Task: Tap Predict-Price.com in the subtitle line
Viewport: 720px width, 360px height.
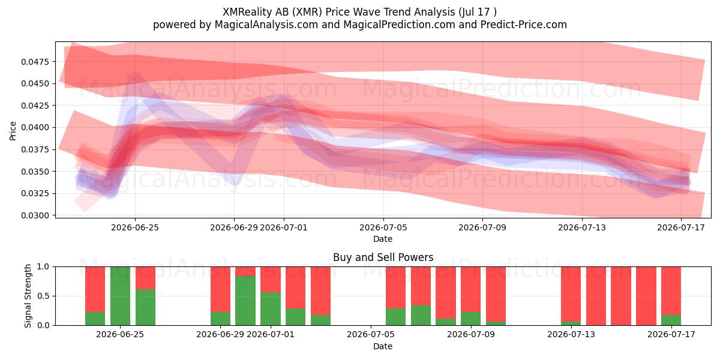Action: click(x=524, y=25)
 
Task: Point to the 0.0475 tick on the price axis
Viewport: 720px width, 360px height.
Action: click(x=35, y=62)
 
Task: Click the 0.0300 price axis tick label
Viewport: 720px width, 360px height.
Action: click(x=35, y=215)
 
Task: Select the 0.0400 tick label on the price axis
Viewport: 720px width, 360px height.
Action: click(x=35, y=128)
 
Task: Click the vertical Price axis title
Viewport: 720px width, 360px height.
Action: click(x=13, y=131)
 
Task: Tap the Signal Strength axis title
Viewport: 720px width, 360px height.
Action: click(x=28, y=296)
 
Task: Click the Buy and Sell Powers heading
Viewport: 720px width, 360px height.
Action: click(x=383, y=257)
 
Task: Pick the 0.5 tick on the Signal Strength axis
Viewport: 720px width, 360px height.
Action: click(x=44, y=296)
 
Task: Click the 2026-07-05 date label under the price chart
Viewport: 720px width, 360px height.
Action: click(x=383, y=227)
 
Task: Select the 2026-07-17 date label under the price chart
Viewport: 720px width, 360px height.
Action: click(x=681, y=227)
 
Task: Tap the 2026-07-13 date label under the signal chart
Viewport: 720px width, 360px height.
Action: click(x=571, y=334)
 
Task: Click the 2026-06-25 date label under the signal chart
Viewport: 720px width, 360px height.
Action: click(x=120, y=334)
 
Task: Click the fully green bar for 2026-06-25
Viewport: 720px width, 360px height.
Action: click(x=120, y=296)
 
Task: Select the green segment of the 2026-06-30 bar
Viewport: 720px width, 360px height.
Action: click(x=245, y=301)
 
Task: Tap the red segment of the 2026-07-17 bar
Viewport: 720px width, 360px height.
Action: click(x=671, y=290)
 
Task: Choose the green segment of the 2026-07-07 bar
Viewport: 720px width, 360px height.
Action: click(x=421, y=315)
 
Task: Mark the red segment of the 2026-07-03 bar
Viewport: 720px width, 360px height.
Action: click(x=320, y=290)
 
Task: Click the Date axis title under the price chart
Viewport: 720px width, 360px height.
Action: click(x=383, y=239)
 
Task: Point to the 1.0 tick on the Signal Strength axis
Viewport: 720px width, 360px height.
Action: click(x=44, y=267)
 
